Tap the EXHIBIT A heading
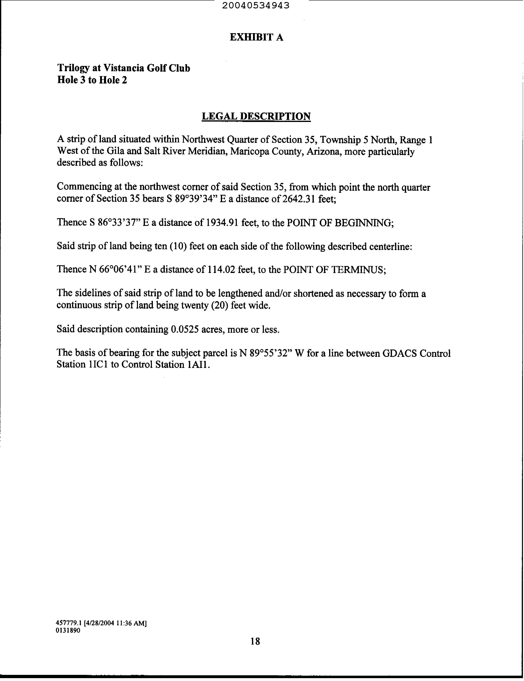tap(256, 37)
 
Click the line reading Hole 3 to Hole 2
tap(92, 80)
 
